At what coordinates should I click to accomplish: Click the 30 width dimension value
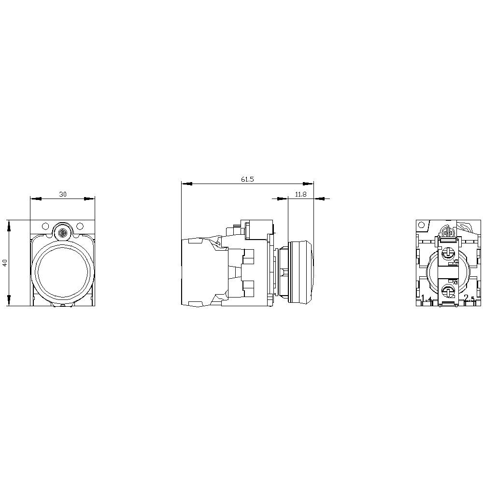(x=63, y=194)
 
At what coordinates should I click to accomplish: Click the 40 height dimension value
(x=5, y=263)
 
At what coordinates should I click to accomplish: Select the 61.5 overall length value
(x=247, y=179)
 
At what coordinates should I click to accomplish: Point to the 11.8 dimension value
(x=300, y=194)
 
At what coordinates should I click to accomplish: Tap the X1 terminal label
(x=455, y=282)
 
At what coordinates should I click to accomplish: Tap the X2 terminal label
(x=455, y=261)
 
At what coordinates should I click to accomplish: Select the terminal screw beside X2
(x=448, y=252)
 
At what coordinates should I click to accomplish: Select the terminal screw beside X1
(x=448, y=290)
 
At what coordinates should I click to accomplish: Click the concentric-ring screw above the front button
(x=62, y=233)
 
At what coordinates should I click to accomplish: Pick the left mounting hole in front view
(x=45, y=226)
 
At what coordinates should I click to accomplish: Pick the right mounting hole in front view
(x=80, y=226)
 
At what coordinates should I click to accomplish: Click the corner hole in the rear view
(x=422, y=225)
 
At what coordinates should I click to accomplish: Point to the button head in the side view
(x=300, y=271)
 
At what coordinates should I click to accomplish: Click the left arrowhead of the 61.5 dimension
(x=187, y=184)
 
